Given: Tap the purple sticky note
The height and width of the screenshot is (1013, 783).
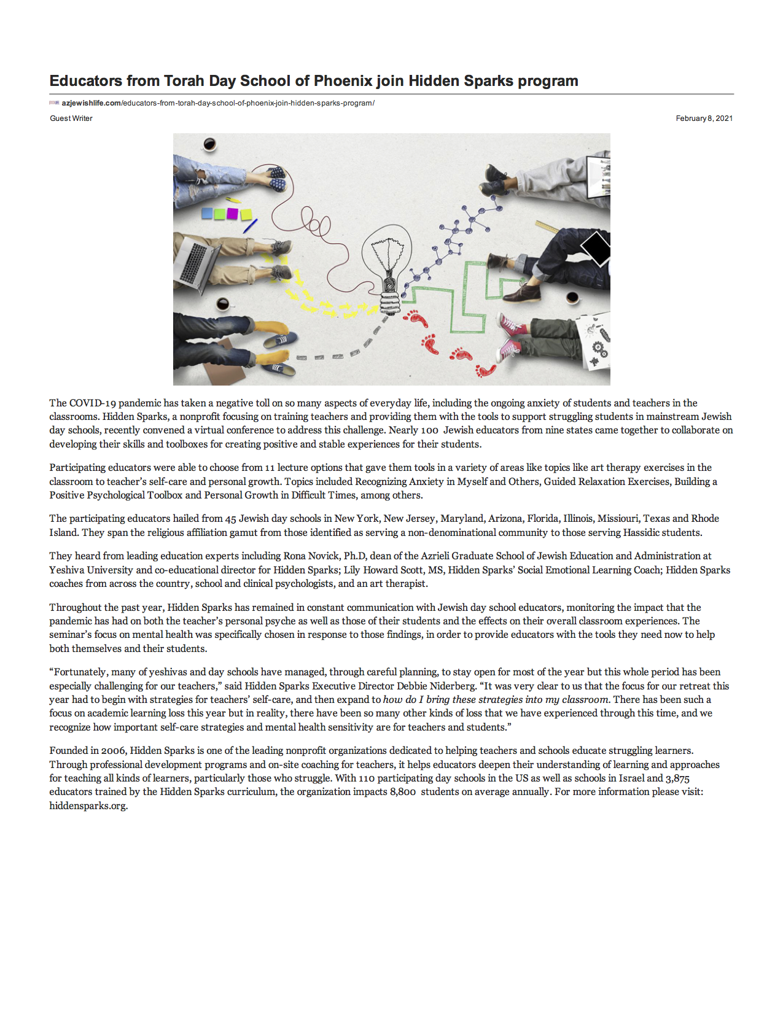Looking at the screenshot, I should [232, 214].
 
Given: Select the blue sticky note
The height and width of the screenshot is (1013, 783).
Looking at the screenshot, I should [208, 214].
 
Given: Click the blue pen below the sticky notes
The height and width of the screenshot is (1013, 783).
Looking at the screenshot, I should [250, 226].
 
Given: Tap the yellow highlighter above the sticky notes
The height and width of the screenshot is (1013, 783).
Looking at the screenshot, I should [233, 200].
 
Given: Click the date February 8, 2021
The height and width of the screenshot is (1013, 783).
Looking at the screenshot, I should [704, 118].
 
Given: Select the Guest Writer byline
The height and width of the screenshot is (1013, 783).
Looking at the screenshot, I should [71, 118].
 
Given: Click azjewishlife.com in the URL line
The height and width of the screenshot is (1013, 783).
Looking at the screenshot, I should [91, 103].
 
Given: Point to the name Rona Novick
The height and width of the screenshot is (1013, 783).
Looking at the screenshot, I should [311, 556].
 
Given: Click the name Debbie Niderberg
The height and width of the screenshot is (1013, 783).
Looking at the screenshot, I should [436, 686].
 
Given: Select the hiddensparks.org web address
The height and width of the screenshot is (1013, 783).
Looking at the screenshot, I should [88, 806].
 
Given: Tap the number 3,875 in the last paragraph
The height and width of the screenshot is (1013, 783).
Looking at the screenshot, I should [677, 778].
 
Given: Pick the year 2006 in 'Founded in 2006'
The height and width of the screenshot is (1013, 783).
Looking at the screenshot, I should [113, 751].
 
